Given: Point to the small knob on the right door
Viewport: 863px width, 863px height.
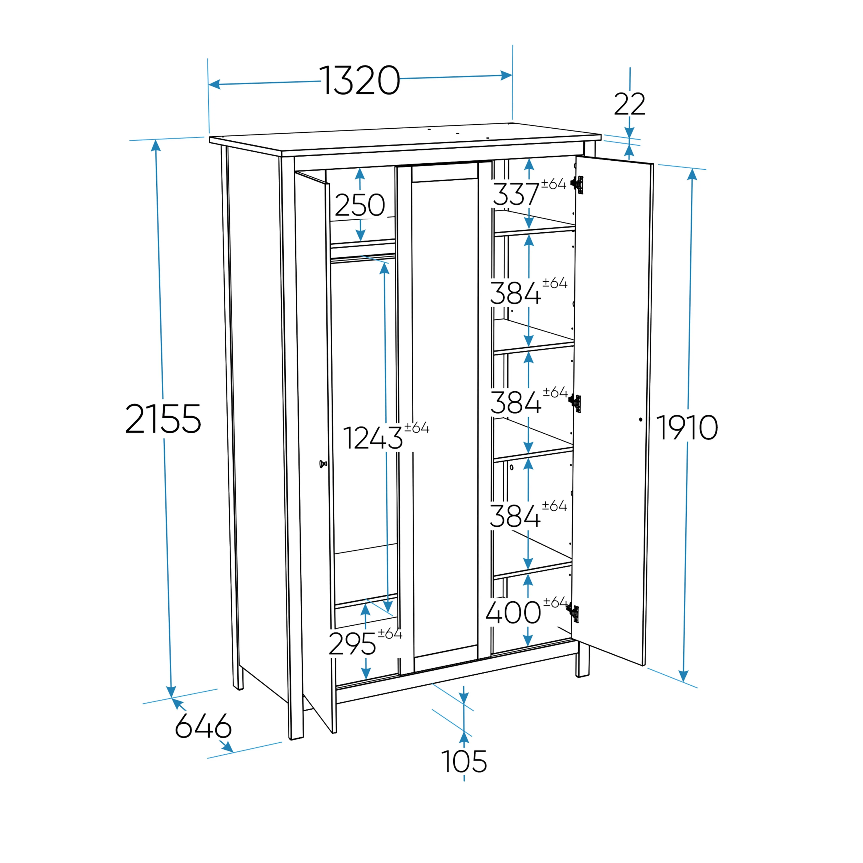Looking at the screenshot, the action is pos(641,420).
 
